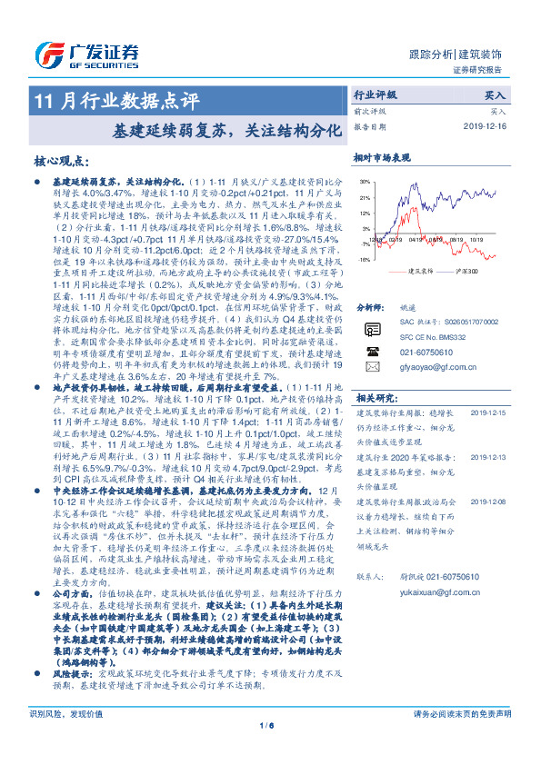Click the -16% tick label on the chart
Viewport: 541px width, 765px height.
coord(364,260)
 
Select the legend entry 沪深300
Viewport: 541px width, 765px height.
coord(472,271)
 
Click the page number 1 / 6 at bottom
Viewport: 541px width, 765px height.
coord(270,750)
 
